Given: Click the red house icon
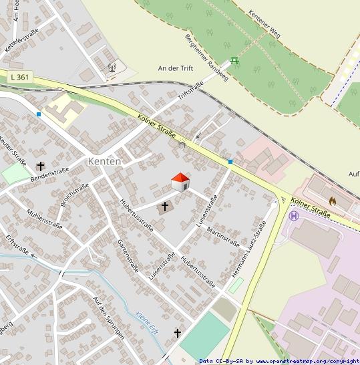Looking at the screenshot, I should click(x=180, y=181).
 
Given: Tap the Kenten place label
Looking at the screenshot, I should click(x=105, y=162).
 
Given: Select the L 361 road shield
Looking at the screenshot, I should click(x=20, y=78).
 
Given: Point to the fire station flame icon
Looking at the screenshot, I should click(x=333, y=200).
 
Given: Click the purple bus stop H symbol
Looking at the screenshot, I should click(x=293, y=215).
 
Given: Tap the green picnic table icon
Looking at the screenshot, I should click(x=234, y=62).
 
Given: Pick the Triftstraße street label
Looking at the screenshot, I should click(x=190, y=91).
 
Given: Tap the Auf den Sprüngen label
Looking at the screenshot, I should click(x=109, y=318).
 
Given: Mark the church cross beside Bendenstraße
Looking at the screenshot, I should click(x=40, y=166).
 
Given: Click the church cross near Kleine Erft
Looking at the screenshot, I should click(x=178, y=332).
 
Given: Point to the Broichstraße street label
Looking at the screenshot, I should click(x=74, y=195).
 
